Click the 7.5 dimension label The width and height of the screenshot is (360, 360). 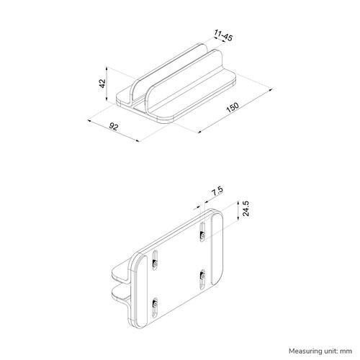[217, 192]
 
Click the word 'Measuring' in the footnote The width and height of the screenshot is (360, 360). [289, 350]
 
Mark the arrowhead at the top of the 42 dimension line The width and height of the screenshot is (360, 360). [106, 68]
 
